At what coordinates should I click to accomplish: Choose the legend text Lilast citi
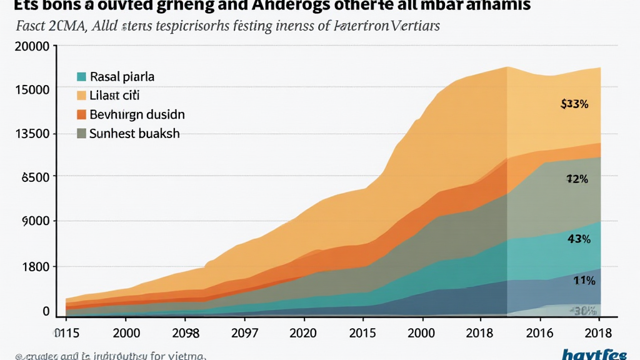pyautogui.click(x=115, y=96)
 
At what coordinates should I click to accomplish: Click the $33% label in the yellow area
pyautogui.click(x=575, y=104)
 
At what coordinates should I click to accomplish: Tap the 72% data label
pyautogui.click(x=577, y=179)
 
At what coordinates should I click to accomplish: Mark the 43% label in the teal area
pyautogui.click(x=579, y=238)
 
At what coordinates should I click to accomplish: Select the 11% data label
pyautogui.click(x=583, y=281)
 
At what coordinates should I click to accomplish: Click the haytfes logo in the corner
pyautogui.click(x=594, y=354)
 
